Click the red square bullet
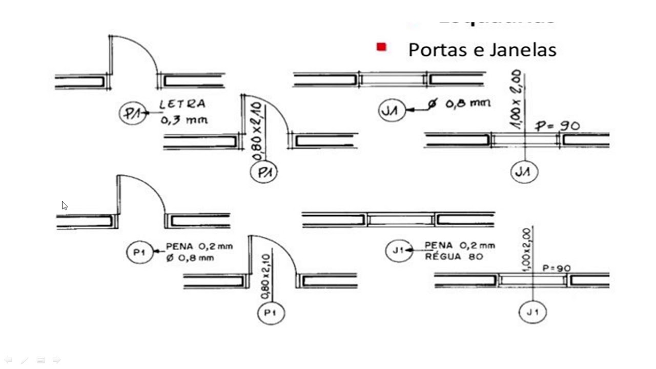click(x=381, y=47)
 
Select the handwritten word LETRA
click(x=182, y=104)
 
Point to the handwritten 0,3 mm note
click(x=184, y=120)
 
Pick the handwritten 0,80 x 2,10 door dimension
click(x=257, y=131)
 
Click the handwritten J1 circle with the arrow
click(x=392, y=111)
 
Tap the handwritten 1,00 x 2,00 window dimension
click(x=516, y=99)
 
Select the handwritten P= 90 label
click(x=557, y=126)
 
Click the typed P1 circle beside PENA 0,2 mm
click(x=140, y=252)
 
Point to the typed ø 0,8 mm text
click(x=190, y=258)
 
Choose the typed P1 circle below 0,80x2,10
click(x=271, y=313)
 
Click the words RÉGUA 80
click(x=454, y=256)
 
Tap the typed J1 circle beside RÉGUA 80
click(x=399, y=251)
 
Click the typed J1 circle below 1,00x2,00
click(x=532, y=312)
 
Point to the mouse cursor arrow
click(x=64, y=206)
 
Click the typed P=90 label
click(x=557, y=268)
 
